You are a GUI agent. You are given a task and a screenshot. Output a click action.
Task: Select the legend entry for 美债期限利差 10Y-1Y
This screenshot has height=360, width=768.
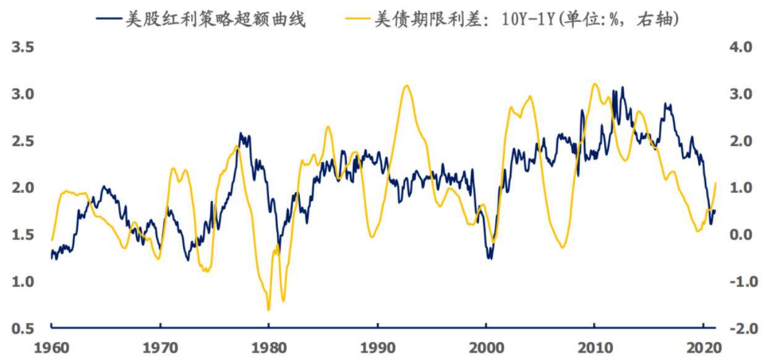point(526,19)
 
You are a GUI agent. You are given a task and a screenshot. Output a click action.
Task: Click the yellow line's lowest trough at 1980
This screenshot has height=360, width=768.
point(268,310)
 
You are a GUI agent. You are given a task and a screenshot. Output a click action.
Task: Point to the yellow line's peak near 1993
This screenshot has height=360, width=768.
point(406,85)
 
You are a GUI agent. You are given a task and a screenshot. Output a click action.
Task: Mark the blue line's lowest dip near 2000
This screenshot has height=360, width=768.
point(490,258)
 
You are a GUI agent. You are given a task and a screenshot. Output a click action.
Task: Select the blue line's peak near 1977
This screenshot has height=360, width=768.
point(241,134)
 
